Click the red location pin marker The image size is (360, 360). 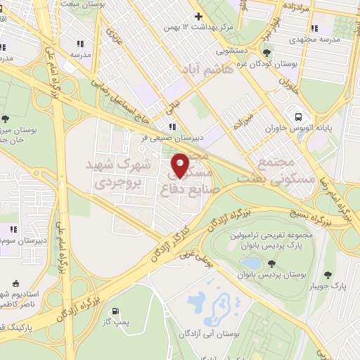click(x=180, y=166)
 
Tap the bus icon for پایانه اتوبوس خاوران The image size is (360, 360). click(x=299, y=117)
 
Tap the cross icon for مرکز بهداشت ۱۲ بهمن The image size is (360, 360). click(x=198, y=16)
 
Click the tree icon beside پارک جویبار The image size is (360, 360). click(x=327, y=275)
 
